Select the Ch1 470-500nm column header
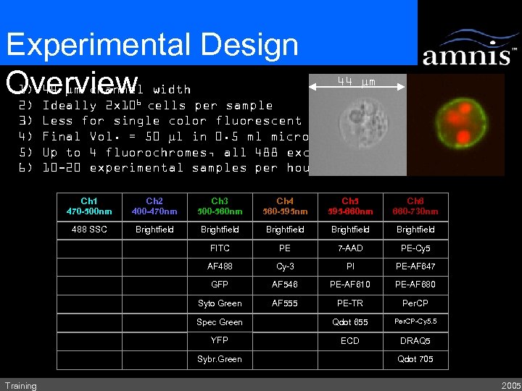click(x=89, y=206)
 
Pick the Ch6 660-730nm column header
click(x=415, y=206)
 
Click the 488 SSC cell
click(x=89, y=230)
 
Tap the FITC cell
click(x=220, y=248)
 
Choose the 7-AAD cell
click(x=350, y=248)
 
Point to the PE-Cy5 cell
click(x=415, y=248)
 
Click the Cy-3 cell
click(x=285, y=266)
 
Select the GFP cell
click(x=220, y=285)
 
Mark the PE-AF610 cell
click(x=350, y=285)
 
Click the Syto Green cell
click(x=220, y=303)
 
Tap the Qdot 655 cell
click(x=350, y=322)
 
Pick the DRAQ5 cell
click(x=415, y=341)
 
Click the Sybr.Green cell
click(x=220, y=359)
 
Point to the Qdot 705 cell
click(x=415, y=359)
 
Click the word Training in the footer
click(x=20, y=385)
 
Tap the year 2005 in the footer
click(x=510, y=385)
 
